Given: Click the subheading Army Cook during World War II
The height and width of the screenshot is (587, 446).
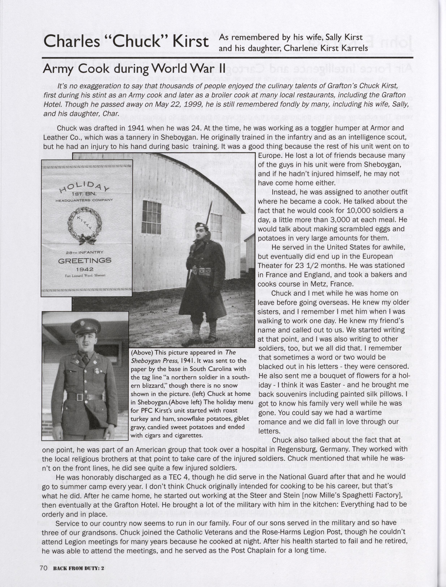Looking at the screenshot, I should click(x=134, y=69).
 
